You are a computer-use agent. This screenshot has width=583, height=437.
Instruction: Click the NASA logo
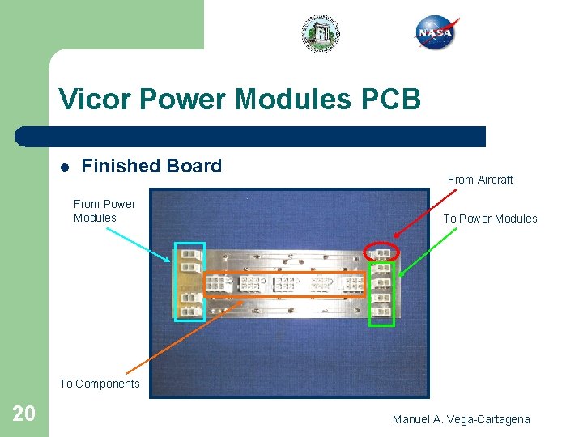[x=435, y=33]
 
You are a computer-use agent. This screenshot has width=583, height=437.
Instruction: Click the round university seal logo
[x=321, y=33]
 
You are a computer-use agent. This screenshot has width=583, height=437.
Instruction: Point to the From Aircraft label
[x=480, y=180]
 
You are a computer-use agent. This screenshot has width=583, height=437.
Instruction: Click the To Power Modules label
[x=490, y=218]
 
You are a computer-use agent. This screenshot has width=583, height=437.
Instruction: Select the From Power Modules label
[x=104, y=210]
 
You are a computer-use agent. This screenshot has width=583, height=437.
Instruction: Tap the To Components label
[x=100, y=384]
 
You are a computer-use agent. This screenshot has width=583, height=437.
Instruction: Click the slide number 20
[x=24, y=414]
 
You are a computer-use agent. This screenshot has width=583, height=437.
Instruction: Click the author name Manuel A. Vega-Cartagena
[x=461, y=419]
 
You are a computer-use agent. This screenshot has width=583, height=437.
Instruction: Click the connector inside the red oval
[x=382, y=252]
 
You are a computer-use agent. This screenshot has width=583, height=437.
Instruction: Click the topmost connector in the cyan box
[x=191, y=253]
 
